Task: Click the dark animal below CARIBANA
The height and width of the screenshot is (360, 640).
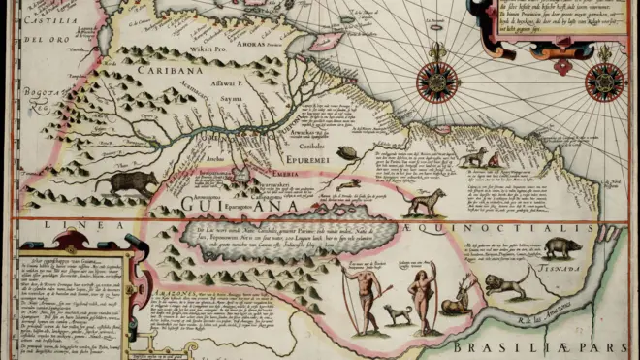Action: [132, 181]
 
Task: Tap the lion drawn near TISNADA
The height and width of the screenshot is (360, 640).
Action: [506, 283]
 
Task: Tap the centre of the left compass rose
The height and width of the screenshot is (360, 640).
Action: [437, 81]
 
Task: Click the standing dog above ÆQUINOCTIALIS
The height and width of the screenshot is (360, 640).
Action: [424, 201]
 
